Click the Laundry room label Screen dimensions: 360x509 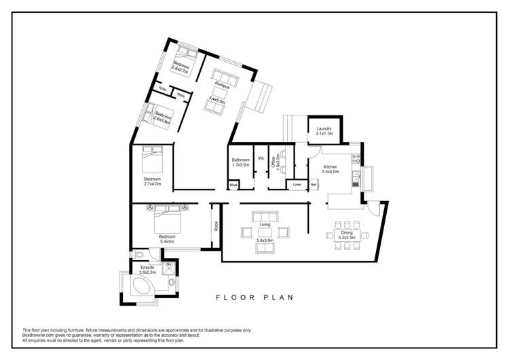(324, 129)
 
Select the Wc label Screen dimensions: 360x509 (261, 158)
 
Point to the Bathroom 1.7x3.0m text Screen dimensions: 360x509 (241, 162)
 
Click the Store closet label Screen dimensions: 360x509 (233, 184)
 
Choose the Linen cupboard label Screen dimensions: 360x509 (297, 184)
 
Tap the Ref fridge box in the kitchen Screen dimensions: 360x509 (314, 184)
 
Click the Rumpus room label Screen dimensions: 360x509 (219, 85)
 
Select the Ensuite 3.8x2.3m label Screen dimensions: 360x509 (147, 270)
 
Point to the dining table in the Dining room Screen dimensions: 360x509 (347, 234)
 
